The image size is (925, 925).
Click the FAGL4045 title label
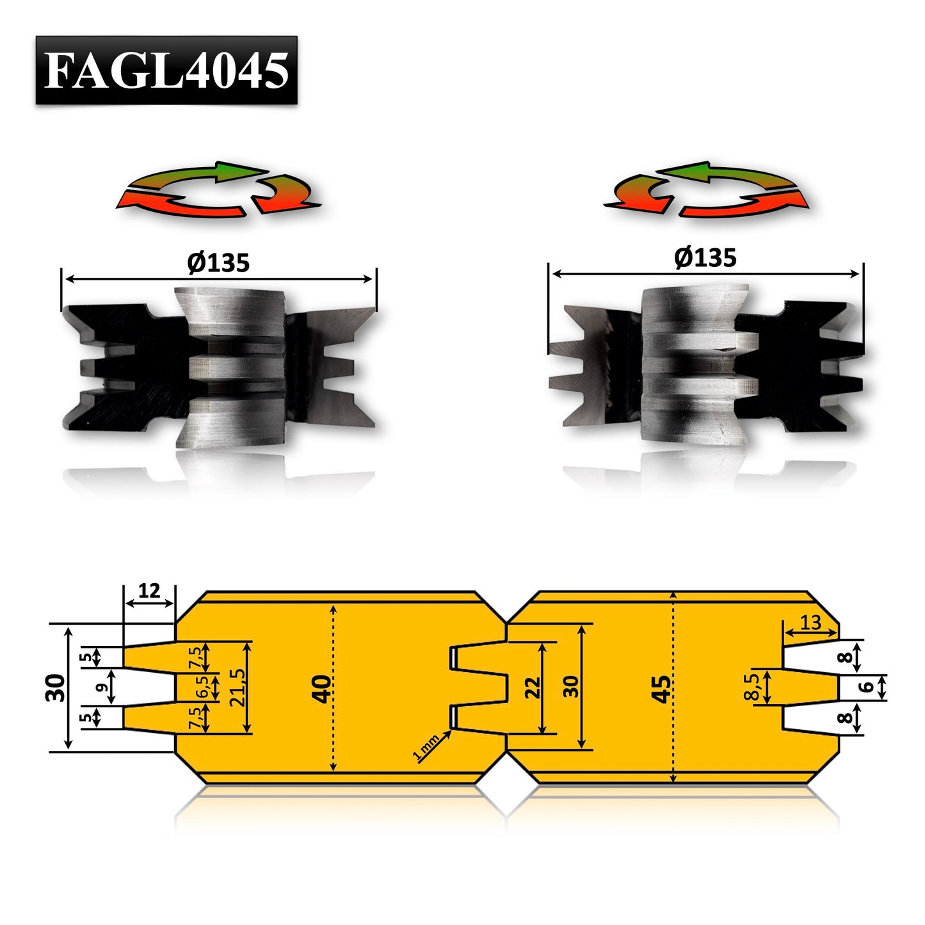[x=166, y=70]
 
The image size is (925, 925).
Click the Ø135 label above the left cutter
[x=218, y=263]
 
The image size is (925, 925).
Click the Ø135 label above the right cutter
[x=705, y=258]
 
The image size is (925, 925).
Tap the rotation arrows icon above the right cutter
[x=707, y=189]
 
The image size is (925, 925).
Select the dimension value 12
[x=149, y=591]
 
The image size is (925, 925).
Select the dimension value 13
[x=810, y=622]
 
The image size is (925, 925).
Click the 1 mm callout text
[x=426, y=747]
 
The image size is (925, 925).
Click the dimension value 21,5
[x=237, y=688]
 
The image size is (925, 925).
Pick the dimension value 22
[x=533, y=688]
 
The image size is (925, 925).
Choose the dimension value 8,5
[x=753, y=687]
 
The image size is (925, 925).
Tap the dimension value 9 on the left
[x=101, y=688]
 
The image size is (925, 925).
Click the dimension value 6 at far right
[x=867, y=687]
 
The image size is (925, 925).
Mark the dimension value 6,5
[x=202, y=688]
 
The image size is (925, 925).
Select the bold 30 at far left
[x=56, y=688]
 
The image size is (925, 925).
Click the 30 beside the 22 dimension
[x=571, y=687]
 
